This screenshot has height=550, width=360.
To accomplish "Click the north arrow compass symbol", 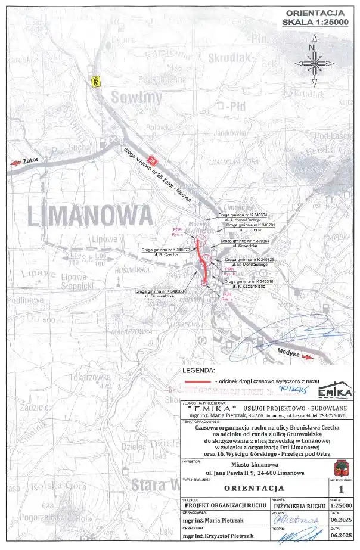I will coord(313,62).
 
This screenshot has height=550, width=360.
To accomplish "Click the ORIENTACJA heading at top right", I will coord(315,12).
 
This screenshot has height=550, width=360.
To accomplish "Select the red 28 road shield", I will coord(154,160).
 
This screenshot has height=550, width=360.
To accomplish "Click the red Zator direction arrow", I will coord(14,161).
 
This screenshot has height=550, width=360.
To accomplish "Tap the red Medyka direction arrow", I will coord(308,357).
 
